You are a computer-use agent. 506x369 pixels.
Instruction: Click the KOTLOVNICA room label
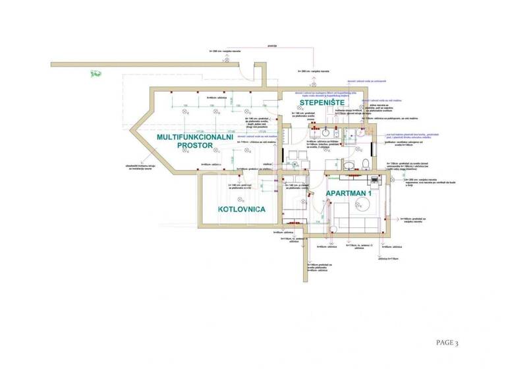click(242, 209)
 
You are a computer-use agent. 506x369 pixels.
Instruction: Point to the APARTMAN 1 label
click(349, 193)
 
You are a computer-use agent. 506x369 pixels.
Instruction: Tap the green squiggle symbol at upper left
click(96, 73)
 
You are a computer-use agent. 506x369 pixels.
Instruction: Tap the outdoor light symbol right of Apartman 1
click(403, 206)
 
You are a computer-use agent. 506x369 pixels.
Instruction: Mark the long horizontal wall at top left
click(158, 65)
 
